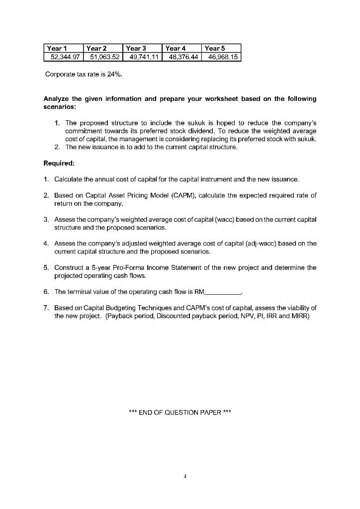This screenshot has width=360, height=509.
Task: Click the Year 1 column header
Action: (56, 49)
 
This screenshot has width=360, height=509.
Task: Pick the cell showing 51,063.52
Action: (103, 58)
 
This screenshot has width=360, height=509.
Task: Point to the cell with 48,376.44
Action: (182, 58)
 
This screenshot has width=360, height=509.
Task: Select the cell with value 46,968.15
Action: (222, 58)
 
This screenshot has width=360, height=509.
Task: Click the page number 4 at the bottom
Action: (184, 476)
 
